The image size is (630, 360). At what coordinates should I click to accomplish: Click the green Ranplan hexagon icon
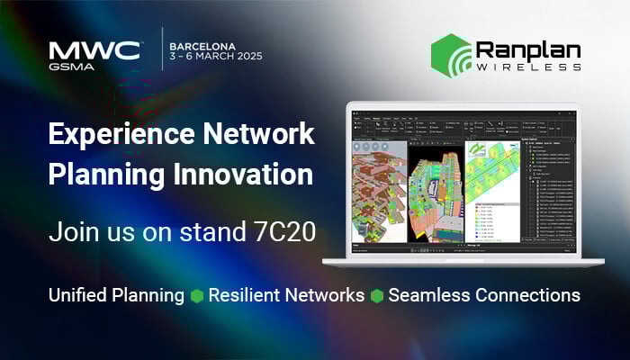click(x=449, y=53)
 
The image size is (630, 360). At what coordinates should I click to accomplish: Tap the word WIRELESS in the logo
click(x=529, y=67)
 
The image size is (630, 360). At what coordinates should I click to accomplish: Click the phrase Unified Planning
click(x=116, y=295)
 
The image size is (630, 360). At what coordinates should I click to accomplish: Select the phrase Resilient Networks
click(x=286, y=295)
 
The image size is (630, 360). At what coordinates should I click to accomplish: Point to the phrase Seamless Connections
click(x=484, y=295)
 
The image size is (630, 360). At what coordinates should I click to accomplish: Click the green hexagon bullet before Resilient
click(x=197, y=296)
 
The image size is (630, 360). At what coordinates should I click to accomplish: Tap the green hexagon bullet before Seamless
click(x=376, y=296)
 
